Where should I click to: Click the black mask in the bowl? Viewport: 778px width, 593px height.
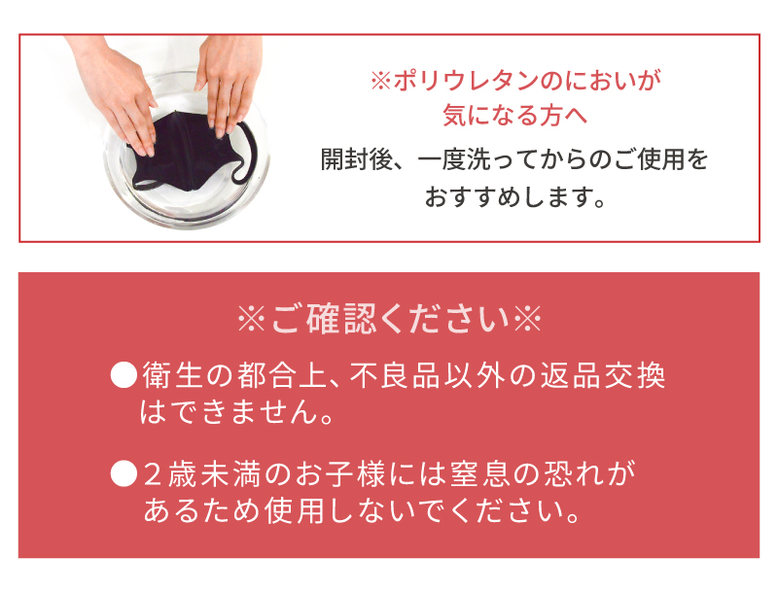tap(186, 154)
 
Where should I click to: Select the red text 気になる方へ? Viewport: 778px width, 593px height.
tap(515, 115)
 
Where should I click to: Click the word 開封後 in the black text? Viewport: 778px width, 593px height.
tap(356, 159)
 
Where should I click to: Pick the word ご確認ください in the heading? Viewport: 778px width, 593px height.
tap(391, 319)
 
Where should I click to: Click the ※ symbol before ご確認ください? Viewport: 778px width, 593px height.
tap(252, 319)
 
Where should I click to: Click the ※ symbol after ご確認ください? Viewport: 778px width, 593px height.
tap(527, 319)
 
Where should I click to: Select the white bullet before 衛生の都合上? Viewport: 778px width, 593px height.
tap(124, 375)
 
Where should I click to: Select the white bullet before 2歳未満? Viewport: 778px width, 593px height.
tap(124, 473)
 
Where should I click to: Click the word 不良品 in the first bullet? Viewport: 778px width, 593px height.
tap(395, 375)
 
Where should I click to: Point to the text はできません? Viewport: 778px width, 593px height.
tap(230, 411)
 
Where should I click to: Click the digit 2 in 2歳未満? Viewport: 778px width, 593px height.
tap(154, 474)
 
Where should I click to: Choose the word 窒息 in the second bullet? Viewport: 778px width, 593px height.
tap(477, 473)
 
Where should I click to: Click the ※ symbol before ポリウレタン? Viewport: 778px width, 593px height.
tap(381, 81)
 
